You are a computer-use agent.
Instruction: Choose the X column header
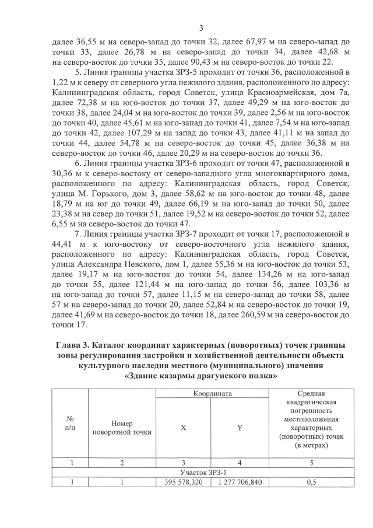point(184,428)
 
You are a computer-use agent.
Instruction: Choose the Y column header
point(239,428)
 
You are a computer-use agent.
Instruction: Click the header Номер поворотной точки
point(122,427)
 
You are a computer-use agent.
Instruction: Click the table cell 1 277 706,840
point(239,482)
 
